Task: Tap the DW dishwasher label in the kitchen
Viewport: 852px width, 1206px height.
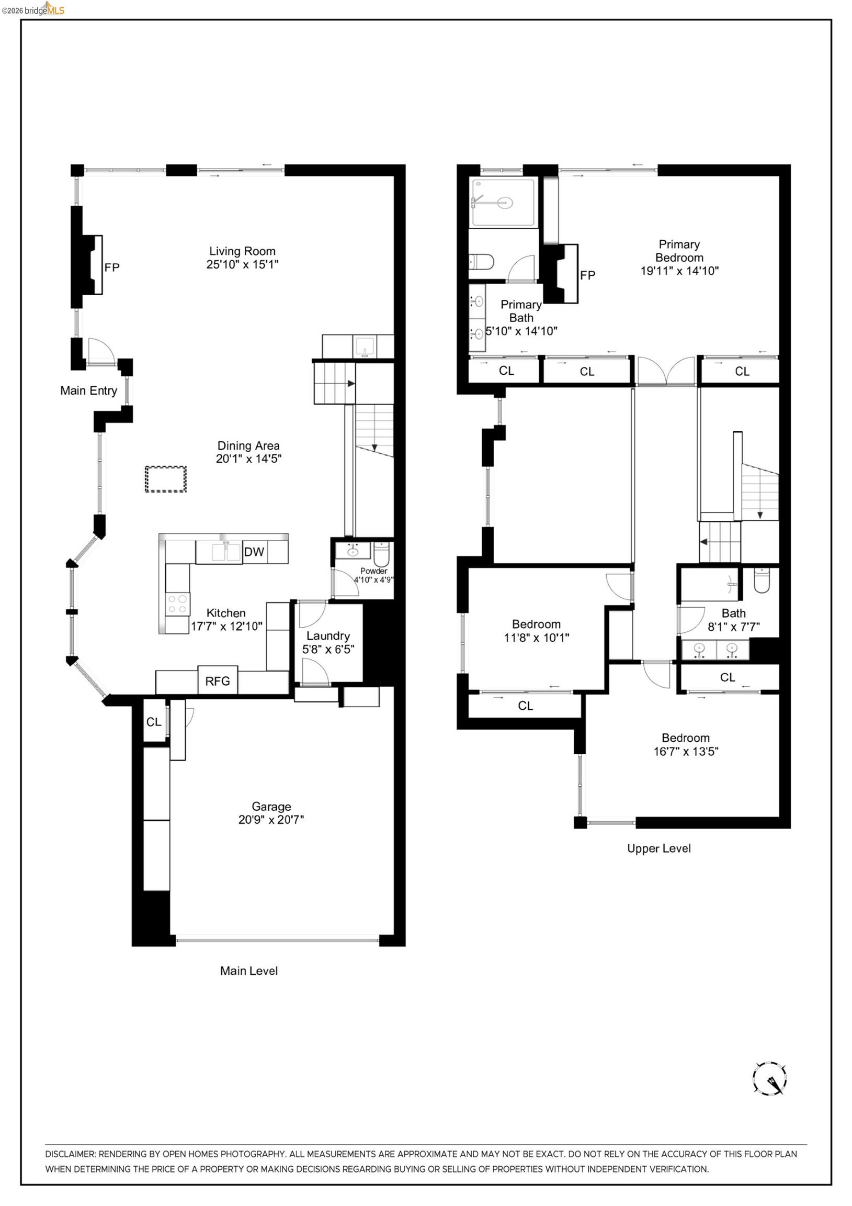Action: [x=254, y=552]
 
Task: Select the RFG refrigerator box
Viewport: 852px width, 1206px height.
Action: [x=218, y=681]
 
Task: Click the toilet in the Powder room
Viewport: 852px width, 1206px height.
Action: [x=381, y=554]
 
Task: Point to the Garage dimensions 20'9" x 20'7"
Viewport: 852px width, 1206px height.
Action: [x=271, y=819]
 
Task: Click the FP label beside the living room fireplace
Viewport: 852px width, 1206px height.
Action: [x=112, y=267]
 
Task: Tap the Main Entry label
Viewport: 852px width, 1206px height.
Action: [x=88, y=390]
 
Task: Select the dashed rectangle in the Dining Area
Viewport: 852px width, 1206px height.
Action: [x=165, y=479]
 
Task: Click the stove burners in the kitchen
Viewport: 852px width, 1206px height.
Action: [x=177, y=604]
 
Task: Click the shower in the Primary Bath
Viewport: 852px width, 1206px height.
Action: [x=503, y=202]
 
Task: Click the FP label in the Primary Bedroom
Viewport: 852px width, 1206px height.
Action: [x=587, y=275]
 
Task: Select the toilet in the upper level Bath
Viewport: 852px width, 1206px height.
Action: [x=761, y=581]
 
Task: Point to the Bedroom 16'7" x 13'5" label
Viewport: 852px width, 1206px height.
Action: [x=686, y=744]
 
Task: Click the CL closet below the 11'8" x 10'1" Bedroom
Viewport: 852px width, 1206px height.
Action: [x=525, y=706]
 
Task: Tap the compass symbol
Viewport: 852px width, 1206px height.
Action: [x=769, y=1079]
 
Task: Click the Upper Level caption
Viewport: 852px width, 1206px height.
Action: [x=659, y=848]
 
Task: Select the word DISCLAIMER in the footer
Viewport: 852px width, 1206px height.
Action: [x=70, y=1154]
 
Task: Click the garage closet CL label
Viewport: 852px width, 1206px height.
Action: [x=154, y=722]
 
